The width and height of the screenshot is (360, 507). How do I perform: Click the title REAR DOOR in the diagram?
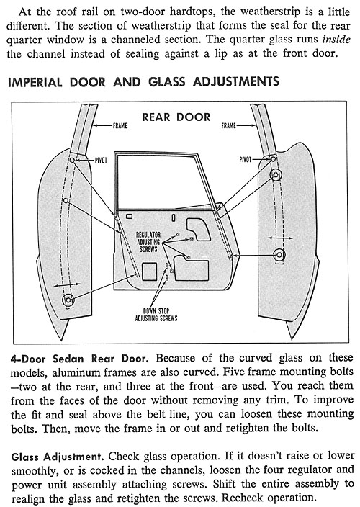click(176, 117)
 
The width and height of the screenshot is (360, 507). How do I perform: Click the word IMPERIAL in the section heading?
click(35, 82)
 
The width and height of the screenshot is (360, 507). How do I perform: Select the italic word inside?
click(336, 40)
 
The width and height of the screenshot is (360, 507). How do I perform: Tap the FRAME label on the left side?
click(120, 125)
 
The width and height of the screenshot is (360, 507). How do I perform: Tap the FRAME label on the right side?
click(228, 125)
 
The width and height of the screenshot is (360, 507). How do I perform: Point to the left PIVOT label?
click(101, 160)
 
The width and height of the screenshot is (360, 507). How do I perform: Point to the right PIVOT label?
click(246, 159)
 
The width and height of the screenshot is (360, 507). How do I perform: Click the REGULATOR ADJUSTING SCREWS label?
click(148, 241)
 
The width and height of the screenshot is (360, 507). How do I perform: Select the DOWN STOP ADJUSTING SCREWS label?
click(156, 314)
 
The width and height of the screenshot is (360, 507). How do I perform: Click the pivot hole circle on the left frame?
click(73, 160)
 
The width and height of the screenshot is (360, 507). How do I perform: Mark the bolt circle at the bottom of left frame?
click(68, 300)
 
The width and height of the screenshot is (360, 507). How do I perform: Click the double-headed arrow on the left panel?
click(67, 285)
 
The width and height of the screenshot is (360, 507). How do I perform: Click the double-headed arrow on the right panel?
click(280, 238)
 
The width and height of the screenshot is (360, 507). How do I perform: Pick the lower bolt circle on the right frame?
click(279, 254)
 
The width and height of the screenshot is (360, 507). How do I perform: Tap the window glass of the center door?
click(161, 181)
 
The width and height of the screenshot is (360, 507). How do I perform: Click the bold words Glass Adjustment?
click(58, 457)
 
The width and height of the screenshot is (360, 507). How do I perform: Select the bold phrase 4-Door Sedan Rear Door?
click(80, 359)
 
